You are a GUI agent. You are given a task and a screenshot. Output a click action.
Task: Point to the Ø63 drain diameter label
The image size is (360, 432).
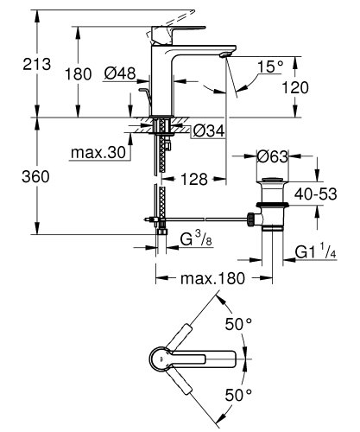(x=272, y=156)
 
